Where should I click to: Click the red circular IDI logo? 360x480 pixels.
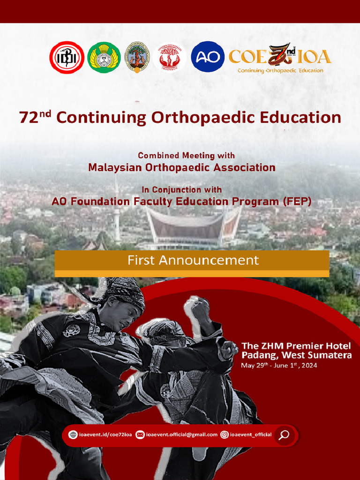tap(67, 57)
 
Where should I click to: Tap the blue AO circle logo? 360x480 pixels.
tap(208, 57)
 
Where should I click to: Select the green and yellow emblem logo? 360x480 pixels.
tap(104, 57)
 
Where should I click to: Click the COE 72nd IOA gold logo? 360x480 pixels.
tap(280, 56)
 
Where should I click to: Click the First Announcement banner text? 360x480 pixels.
tap(193, 260)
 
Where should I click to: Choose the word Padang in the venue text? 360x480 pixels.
tap(259, 355)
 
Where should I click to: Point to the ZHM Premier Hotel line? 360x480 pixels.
tap(296, 346)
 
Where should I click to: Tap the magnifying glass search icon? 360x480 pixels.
tap(284, 435)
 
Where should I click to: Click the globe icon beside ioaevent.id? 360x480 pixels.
tap(73, 435)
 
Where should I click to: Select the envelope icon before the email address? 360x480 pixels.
tap(140, 435)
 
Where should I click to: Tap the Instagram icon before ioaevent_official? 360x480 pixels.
tap(225, 435)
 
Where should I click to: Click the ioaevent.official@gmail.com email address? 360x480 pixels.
tap(181, 435)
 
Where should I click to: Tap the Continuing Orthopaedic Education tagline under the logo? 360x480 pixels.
tap(280, 71)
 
